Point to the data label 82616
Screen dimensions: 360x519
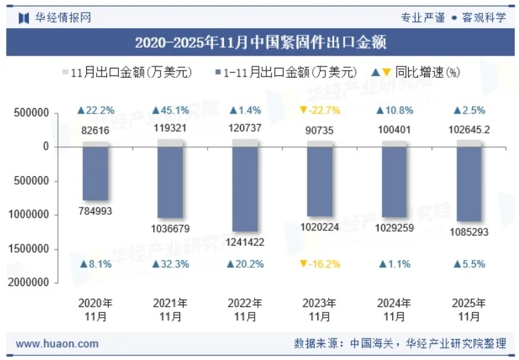[x=95, y=130]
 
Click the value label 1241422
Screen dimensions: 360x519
[x=245, y=242]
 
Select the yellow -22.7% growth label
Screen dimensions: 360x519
[x=320, y=110]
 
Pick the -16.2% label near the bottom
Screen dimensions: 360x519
[x=320, y=264]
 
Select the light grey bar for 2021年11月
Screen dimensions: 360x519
[x=170, y=143]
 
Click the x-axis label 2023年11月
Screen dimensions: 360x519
[x=320, y=310]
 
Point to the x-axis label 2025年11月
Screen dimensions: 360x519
[x=469, y=310]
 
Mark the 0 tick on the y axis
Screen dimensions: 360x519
[x=46, y=146]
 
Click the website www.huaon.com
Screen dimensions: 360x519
[x=57, y=343]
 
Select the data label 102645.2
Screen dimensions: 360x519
[x=469, y=130]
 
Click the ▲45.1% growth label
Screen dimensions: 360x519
[x=170, y=110]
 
